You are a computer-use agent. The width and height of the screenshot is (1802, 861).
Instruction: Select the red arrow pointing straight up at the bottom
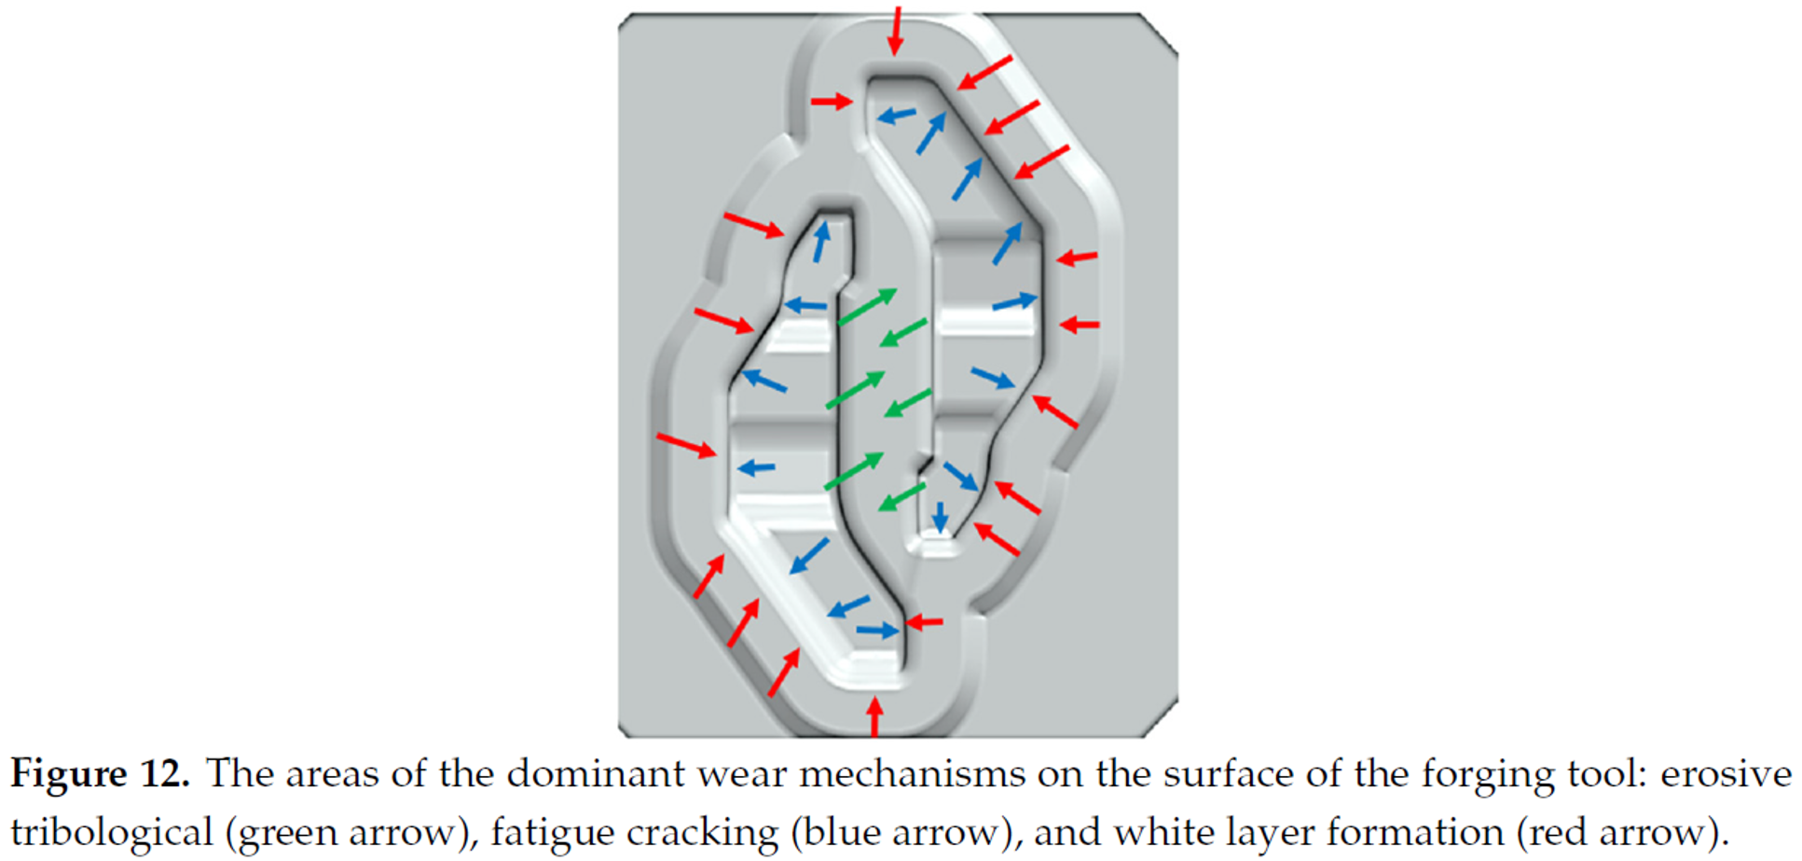(874, 717)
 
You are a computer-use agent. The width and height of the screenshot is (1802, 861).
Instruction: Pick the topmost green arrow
(867, 307)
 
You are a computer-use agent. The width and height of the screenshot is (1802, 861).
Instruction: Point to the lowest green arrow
(902, 496)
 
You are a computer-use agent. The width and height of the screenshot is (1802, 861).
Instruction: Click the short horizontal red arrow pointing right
(832, 101)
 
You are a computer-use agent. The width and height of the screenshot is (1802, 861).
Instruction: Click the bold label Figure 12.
(100, 775)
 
